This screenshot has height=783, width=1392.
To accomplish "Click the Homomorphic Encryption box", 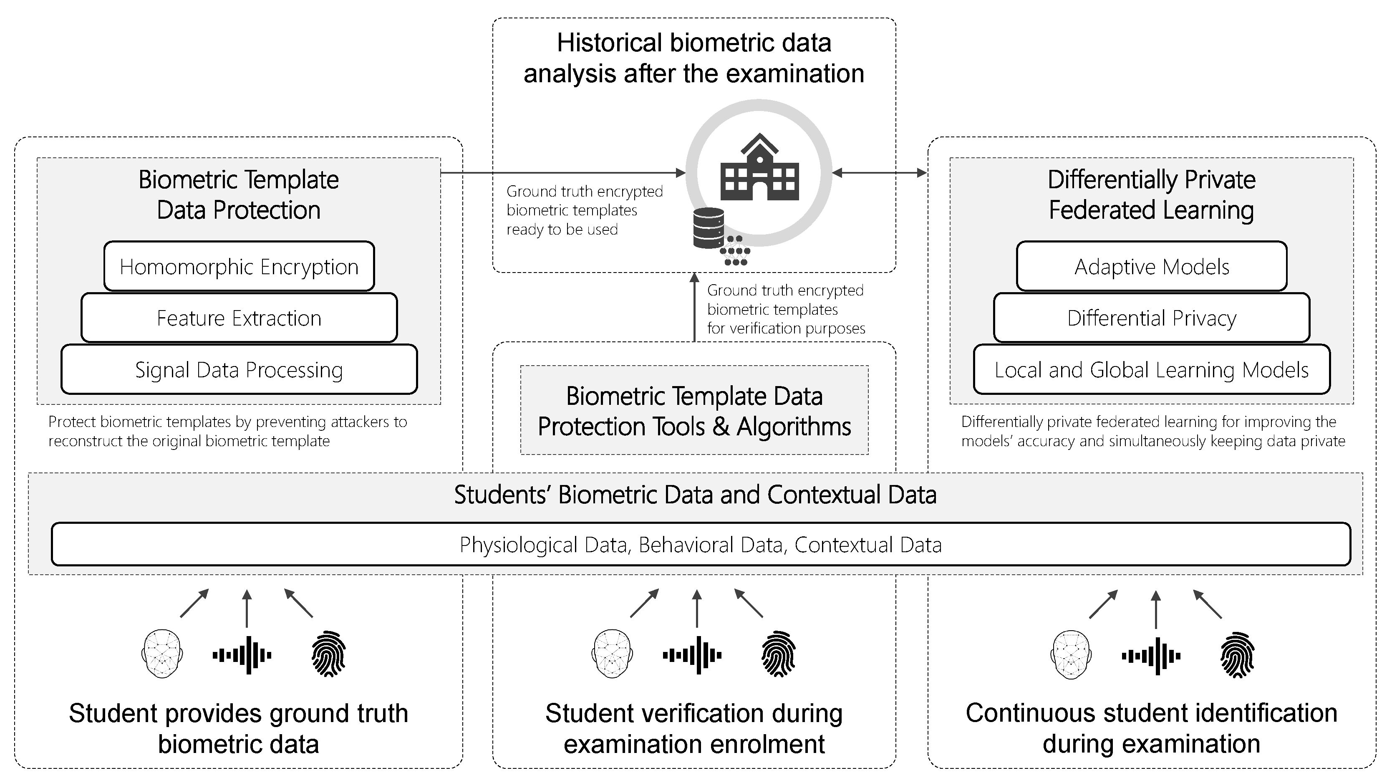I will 239,266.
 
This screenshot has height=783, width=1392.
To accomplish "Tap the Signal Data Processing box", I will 239,370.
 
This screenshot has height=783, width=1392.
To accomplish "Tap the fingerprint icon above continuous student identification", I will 1237,654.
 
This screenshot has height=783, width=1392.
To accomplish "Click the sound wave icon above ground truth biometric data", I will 242,655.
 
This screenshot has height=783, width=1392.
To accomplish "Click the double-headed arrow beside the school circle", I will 879,173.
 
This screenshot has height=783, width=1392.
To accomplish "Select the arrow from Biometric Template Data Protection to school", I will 562,173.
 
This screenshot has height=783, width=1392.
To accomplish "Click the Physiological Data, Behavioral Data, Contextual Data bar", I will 700,544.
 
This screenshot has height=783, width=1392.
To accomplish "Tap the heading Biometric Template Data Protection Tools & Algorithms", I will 694,411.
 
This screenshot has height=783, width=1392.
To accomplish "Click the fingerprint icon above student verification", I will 778,654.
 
